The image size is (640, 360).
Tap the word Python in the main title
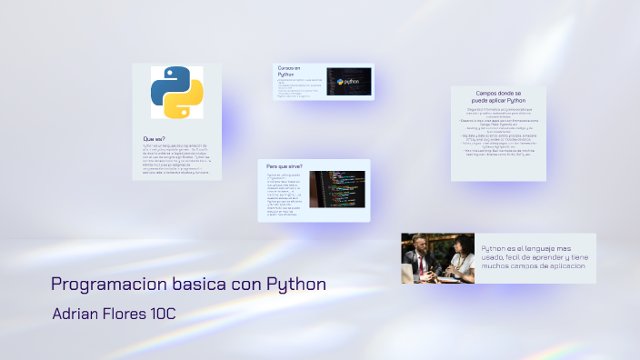[295, 284]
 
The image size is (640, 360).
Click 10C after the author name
[159, 314]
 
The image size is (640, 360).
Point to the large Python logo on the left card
[176, 92]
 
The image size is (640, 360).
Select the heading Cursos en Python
[289, 72]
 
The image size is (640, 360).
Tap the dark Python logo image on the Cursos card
[348, 82]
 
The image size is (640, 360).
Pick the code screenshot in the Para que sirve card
[337, 189]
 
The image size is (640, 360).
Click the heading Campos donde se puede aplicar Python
[498, 96]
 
